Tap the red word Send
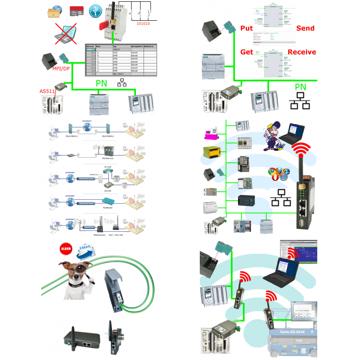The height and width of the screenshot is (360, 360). pos(305,28)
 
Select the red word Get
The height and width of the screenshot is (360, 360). pos(247,52)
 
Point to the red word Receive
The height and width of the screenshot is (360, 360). pos(301,52)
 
